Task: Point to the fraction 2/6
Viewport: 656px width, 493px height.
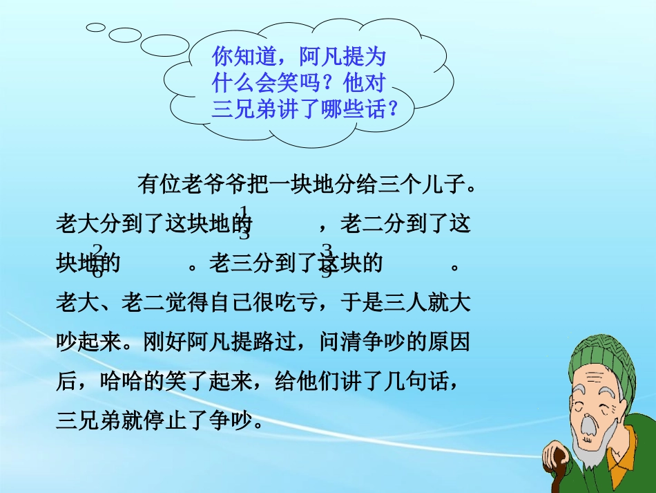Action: [x=97, y=261]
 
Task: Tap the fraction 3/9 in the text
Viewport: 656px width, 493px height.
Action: [x=327, y=261]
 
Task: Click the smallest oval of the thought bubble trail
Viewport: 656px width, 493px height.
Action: [x=95, y=27]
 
